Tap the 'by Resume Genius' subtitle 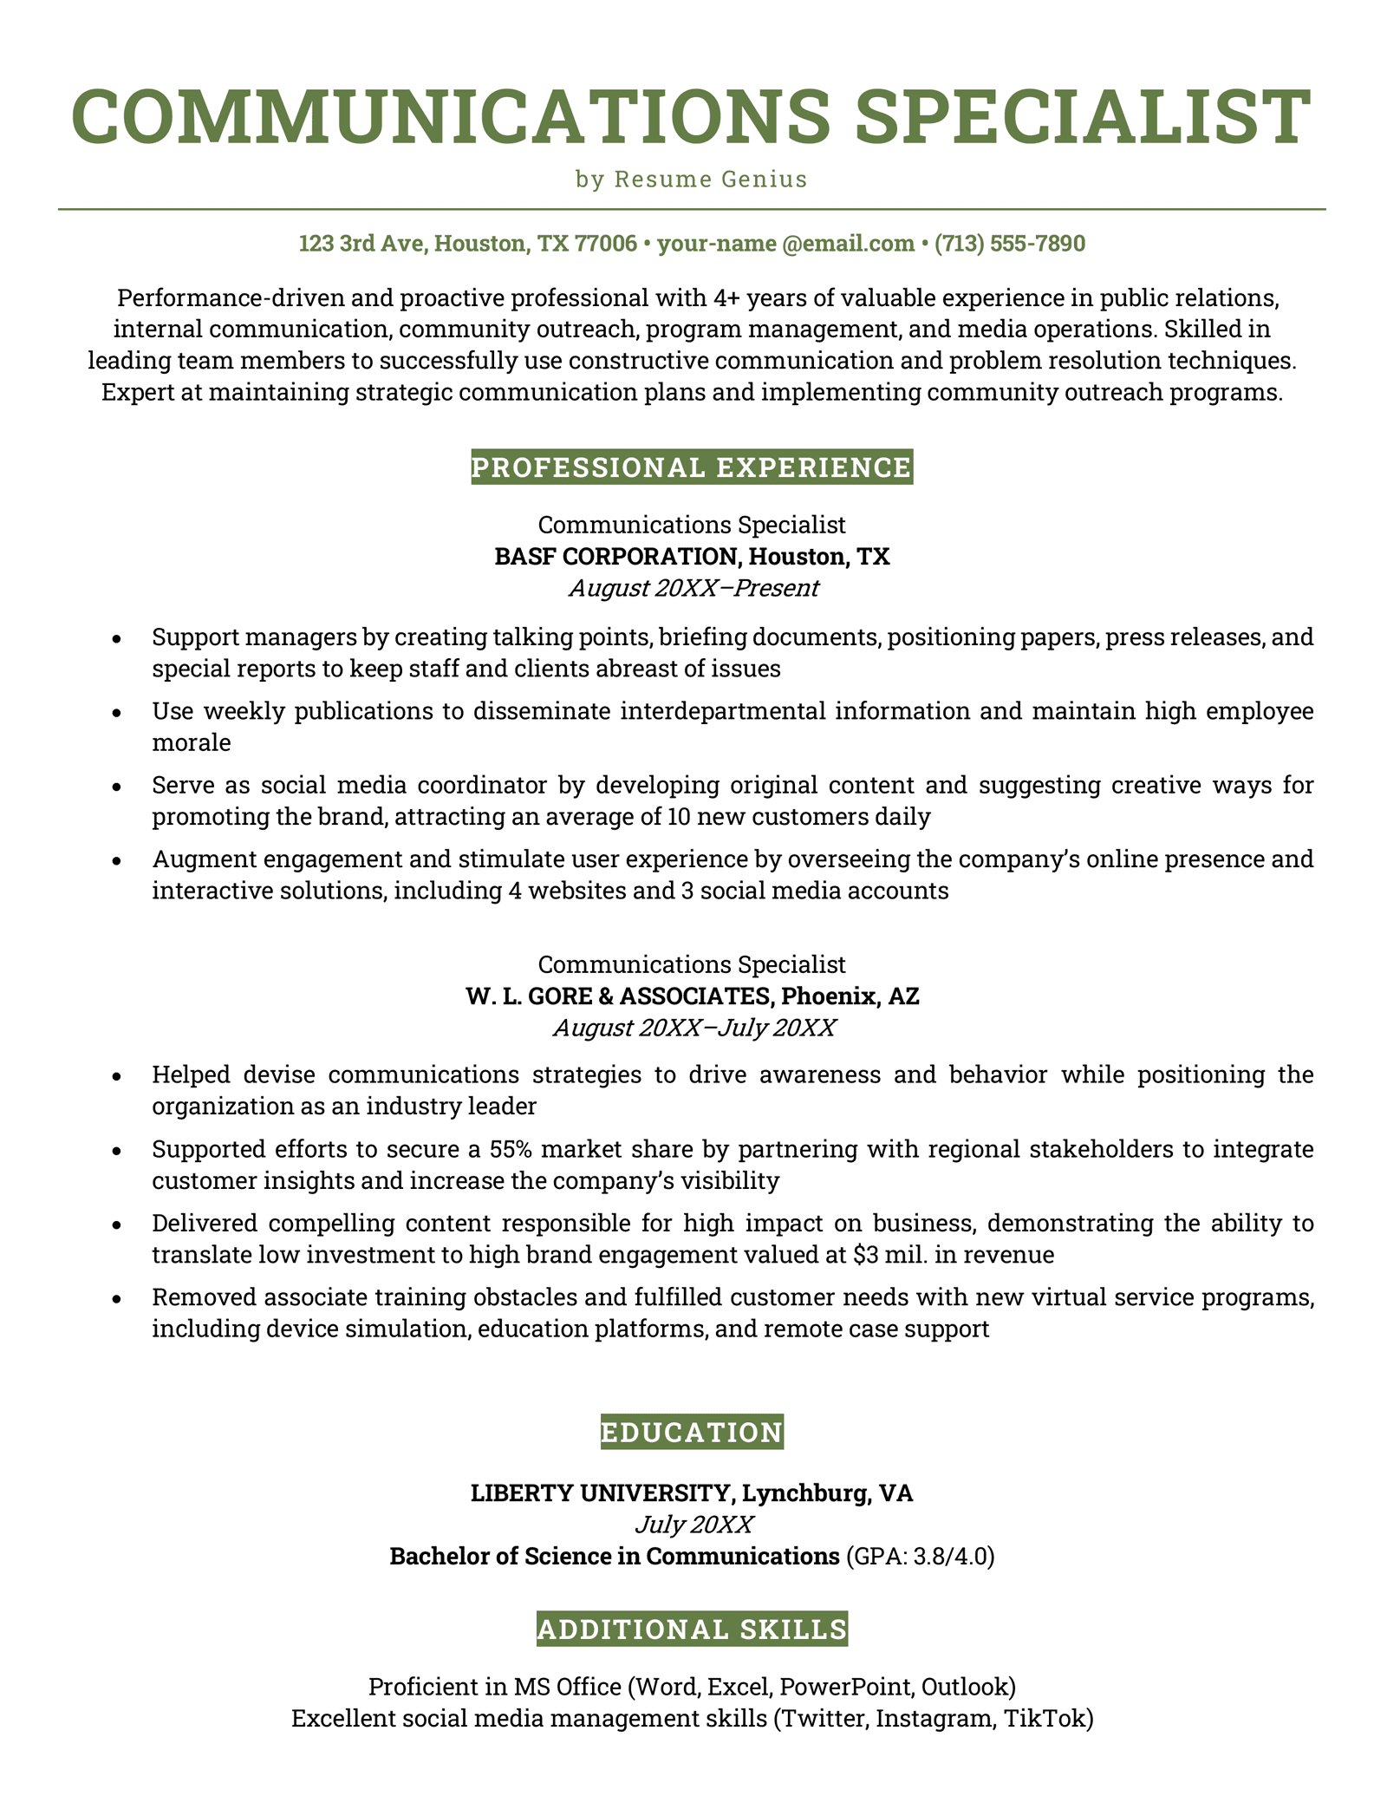pyautogui.click(x=692, y=180)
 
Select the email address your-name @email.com pyautogui.click(x=785, y=244)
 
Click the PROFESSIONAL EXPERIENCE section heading pyautogui.click(x=692, y=467)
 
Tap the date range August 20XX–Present pyautogui.click(x=693, y=588)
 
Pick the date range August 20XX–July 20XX pyautogui.click(x=693, y=1029)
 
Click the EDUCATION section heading pyautogui.click(x=692, y=1432)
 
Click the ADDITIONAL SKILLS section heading pyautogui.click(x=692, y=1629)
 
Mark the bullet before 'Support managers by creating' pyautogui.click(x=116, y=639)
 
